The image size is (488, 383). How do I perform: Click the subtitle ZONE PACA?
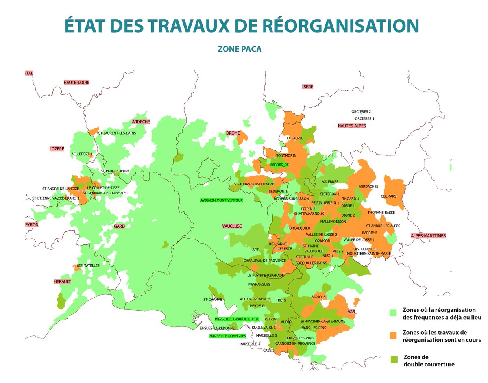pos(240,49)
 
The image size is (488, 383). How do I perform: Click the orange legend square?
pos(393,335)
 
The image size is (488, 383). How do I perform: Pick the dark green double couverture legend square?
pos(393,359)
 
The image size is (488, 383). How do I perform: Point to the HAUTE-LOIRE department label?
pos(76,83)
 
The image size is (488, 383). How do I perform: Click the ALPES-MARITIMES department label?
pos(428,236)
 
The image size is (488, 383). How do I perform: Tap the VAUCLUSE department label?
pos(232,226)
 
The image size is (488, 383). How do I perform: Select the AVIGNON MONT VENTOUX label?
pos(222,200)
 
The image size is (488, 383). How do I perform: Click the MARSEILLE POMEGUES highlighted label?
pos(228,336)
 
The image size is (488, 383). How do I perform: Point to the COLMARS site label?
pos(388,196)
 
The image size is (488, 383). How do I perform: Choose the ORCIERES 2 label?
pos(361,111)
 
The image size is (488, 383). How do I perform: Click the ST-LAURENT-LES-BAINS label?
pos(117,133)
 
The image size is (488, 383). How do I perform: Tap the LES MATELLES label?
pos(88,265)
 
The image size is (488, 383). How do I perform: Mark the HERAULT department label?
pos(63,281)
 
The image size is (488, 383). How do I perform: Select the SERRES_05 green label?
pos(279,165)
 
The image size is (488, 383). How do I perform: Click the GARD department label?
pos(119,226)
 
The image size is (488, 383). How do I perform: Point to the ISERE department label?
pos(308,87)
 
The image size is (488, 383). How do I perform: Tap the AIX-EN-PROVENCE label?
pos(255,299)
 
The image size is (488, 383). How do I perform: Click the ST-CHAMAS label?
pos(213,300)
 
